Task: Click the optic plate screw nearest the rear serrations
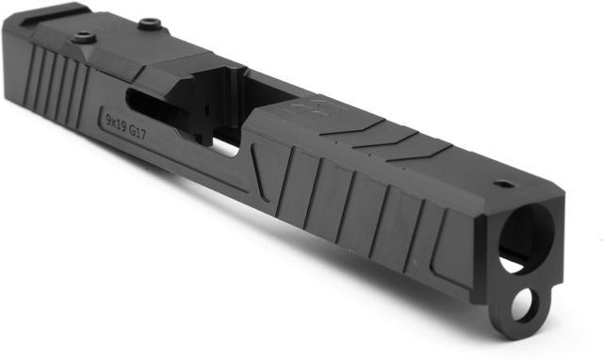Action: coord(84,37)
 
